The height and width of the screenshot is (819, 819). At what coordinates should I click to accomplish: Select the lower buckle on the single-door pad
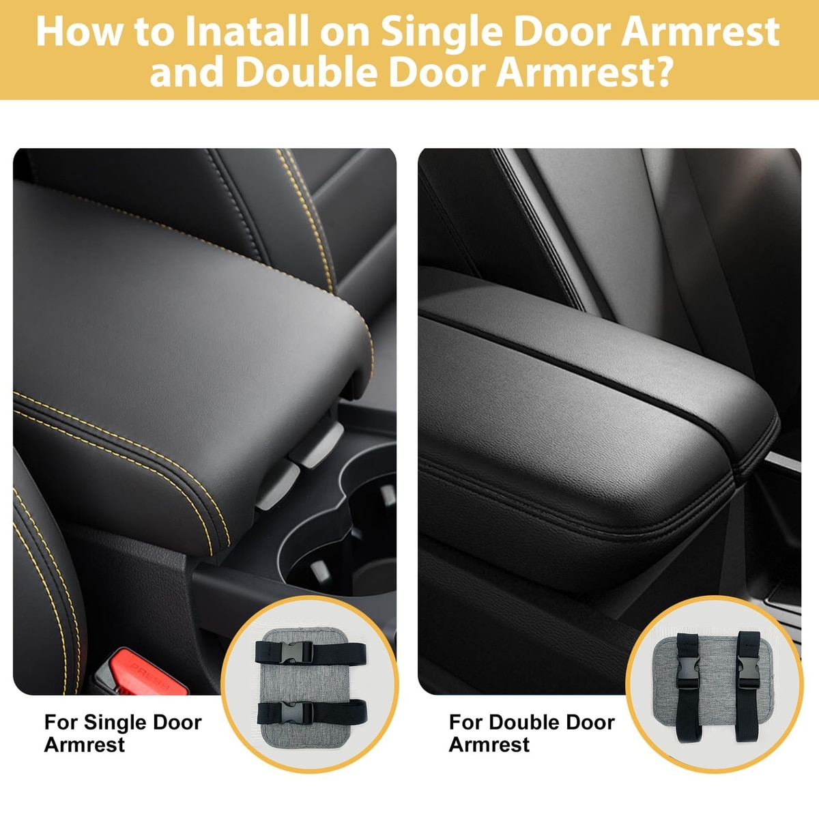[297, 713]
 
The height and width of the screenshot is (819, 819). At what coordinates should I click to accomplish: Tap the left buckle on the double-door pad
[688, 673]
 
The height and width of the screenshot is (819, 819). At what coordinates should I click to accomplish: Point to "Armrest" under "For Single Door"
[85, 745]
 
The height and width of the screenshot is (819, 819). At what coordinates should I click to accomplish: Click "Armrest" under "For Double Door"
[489, 745]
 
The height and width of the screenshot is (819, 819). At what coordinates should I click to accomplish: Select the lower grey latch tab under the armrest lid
[278, 485]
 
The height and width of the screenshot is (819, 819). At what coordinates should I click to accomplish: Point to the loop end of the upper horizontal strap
[360, 655]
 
